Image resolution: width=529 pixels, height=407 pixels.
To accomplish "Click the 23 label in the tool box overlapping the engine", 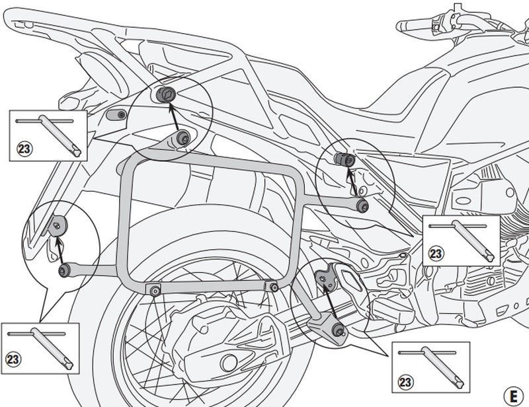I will (x=436, y=253).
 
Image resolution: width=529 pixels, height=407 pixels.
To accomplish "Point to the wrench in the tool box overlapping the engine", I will (x=471, y=239).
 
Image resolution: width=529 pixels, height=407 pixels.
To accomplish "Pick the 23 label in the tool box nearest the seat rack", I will (x=24, y=149).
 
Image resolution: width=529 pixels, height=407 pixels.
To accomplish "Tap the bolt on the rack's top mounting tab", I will (x=183, y=137).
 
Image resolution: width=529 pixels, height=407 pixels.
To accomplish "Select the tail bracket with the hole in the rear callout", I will (x=58, y=226).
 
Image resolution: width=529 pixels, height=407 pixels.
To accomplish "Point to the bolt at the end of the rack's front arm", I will (x=362, y=206).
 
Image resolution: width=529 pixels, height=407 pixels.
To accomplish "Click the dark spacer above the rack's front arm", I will (x=345, y=159).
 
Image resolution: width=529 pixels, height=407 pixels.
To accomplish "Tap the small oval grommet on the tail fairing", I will (x=116, y=114).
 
